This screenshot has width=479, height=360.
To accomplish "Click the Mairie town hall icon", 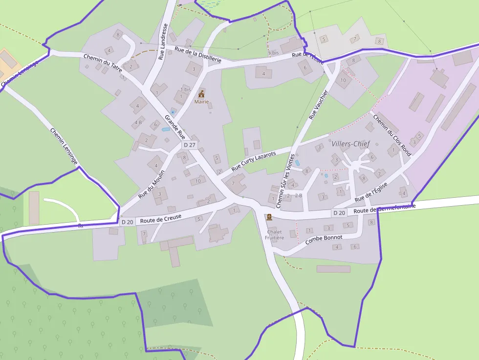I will (x=201, y=93).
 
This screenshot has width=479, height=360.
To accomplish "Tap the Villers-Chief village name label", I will (x=350, y=144).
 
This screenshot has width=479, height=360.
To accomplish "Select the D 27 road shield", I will (x=189, y=145).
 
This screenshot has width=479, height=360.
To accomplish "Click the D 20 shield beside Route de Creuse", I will (x=127, y=222).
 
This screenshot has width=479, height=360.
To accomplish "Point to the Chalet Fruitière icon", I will (x=269, y=217).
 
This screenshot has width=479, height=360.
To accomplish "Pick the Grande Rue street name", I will (x=174, y=127).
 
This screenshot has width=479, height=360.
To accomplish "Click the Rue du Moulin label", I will (x=152, y=184).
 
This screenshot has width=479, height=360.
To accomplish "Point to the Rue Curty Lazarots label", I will (x=254, y=161).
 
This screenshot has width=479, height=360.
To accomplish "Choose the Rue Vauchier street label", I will (x=318, y=105).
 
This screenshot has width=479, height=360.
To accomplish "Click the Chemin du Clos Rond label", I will (x=392, y=134).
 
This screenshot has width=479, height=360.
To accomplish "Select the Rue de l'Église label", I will (x=371, y=192).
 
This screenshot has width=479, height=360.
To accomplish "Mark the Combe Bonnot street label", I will (x=324, y=239).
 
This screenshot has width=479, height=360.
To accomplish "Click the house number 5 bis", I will (x=273, y=52).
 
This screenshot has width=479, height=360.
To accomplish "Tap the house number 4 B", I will (x=138, y=122).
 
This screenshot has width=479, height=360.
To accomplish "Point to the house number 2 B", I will (x=298, y=195).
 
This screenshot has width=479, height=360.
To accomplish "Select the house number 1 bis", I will (x=186, y=89).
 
